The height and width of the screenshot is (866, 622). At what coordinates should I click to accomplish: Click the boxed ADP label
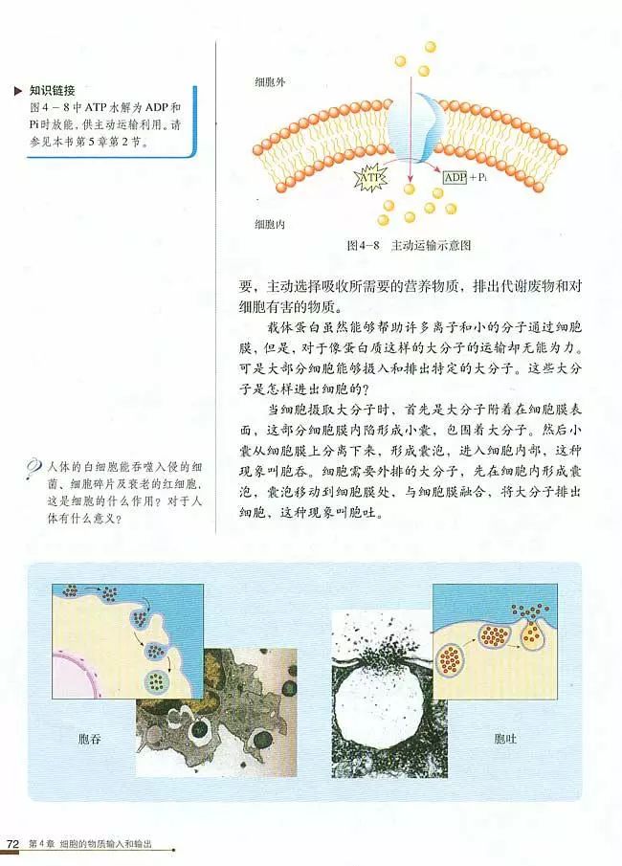click(x=455, y=177)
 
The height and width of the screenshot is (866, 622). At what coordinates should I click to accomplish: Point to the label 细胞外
click(x=270, y=82)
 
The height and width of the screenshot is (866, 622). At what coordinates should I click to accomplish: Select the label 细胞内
click(x=270, y=225)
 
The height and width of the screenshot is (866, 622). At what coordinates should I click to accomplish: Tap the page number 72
click(x=13, y=844)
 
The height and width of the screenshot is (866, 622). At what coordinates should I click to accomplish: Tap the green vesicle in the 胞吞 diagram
click(x=156, y=680)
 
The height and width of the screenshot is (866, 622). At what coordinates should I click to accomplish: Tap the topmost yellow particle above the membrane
click(x=430, y=46)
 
